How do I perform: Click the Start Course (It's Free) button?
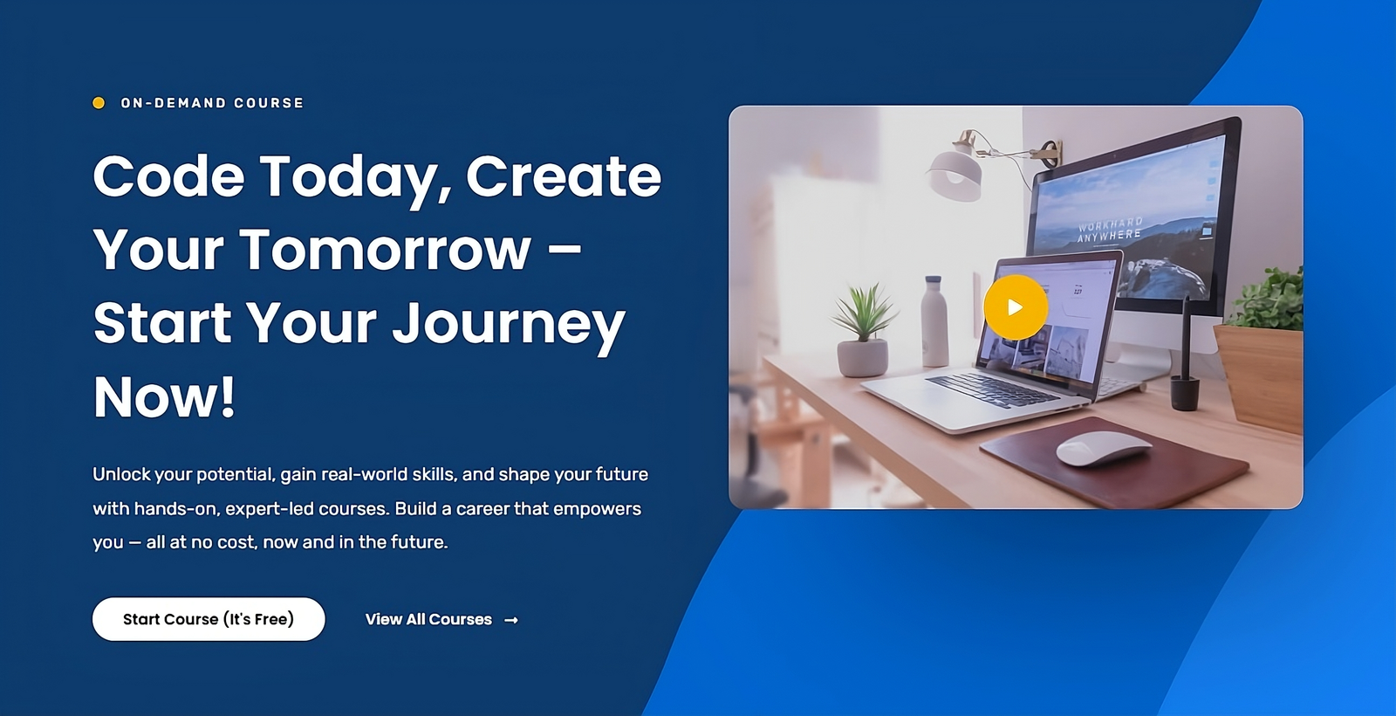[x=209, y=619]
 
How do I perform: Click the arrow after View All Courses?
[x=511, y=620]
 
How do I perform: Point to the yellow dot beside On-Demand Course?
[x=99, y=103]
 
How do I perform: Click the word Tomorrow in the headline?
[x=385, y=250]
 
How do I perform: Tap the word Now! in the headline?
[x=165, y=396]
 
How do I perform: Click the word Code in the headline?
[x=169, y=176]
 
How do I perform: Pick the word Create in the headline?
[x=564, y=176]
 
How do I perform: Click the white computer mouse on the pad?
[x=1104, y=449]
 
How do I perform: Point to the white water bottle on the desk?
[x=934, y=321]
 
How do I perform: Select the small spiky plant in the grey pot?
[x=863, y=331]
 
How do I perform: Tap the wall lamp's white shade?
[x=955, y=171]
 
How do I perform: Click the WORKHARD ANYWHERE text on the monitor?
[x=1110, y=229]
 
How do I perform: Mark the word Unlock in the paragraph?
[x=121, y=475]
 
